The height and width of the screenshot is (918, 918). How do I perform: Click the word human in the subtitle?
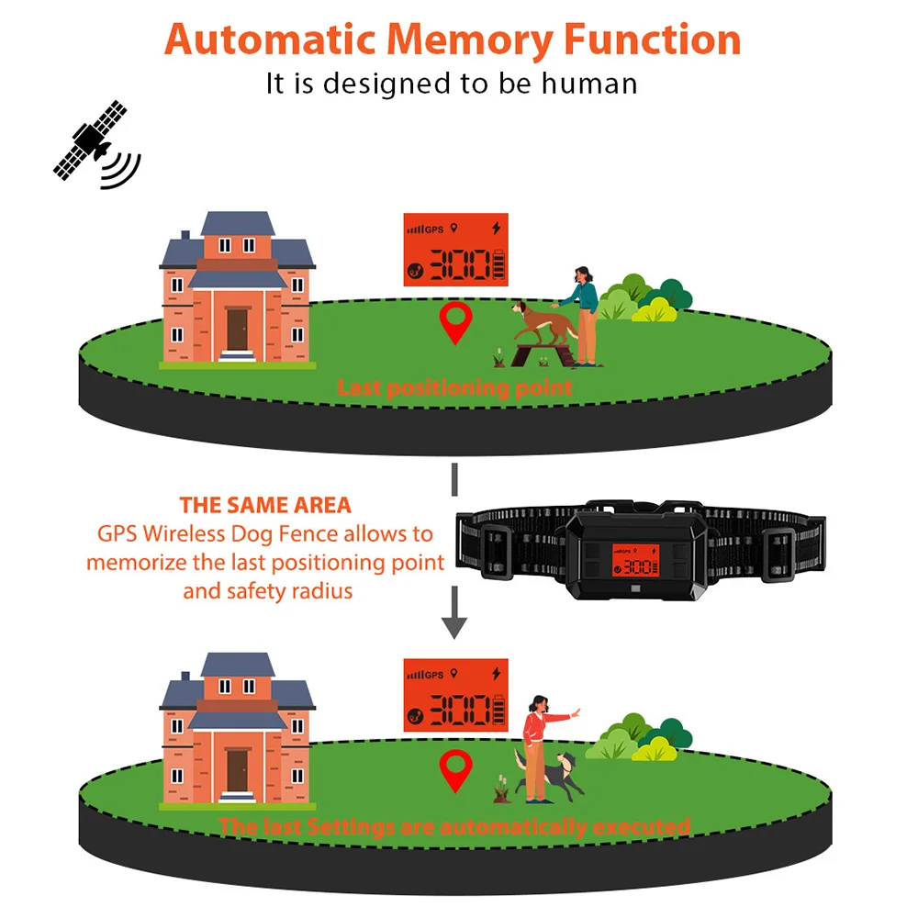click(x=588, y=84)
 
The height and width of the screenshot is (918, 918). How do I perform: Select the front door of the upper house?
click(x=238, y=330)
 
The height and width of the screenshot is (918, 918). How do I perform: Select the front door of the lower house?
click(x=238, y=770)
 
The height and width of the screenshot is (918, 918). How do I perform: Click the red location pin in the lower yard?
click(x=454, y=769)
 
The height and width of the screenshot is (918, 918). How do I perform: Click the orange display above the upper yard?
click(x=455, y=250)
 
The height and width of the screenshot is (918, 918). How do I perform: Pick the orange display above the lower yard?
click(x=455, y=695)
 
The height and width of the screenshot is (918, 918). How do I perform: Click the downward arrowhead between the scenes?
click(x=454, y=627)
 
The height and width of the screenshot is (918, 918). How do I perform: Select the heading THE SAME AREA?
click(x=265, y=505)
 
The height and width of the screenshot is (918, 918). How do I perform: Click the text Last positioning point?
click(x=454, y=387)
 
